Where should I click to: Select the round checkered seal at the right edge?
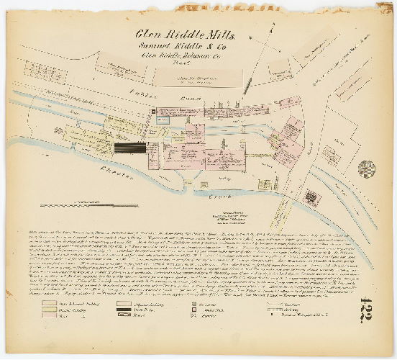pos(367,169)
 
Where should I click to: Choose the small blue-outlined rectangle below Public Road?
pos(163,121)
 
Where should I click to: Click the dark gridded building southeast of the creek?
pos(311,197)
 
